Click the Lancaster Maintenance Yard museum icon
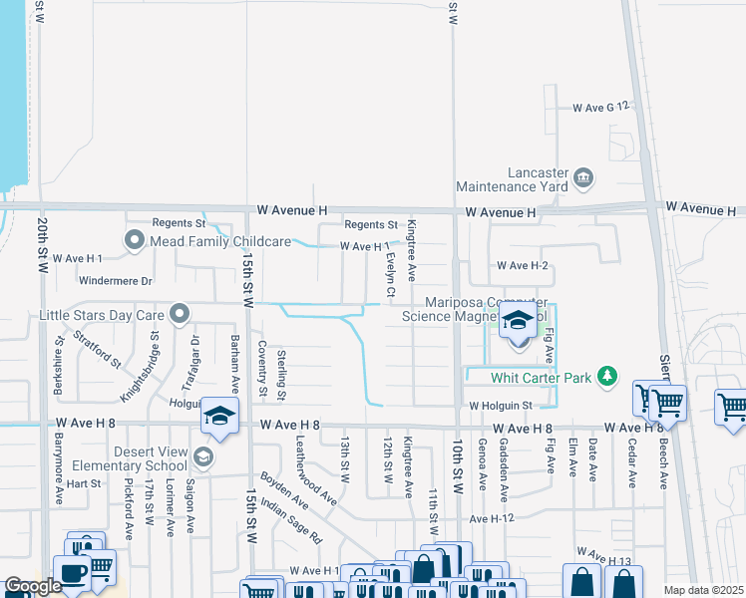[583, 178]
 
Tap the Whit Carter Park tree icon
[605, 377]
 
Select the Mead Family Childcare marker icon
[135, 240]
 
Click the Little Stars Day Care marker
[180, 315]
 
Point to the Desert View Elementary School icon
[202, 457]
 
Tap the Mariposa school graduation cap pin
[518, 323]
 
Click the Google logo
[33, 587]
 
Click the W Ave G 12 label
[601, 107]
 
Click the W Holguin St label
[501, 406]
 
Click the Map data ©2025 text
[702, 590]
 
